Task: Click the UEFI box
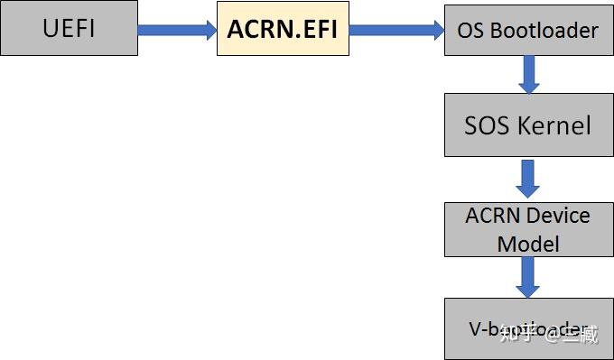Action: click(x=69, y=29)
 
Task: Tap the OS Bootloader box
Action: click(x=528, y=30)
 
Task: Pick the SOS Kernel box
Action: click(x=528, y=125)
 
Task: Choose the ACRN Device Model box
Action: click(x=528, y=229)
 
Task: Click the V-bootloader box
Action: click(x=528, y=329)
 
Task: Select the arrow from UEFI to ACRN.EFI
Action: click(x=177, y=30)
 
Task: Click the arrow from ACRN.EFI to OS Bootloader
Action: click(x=396, y=30)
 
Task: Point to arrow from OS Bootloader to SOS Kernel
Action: click(x=528, y=75)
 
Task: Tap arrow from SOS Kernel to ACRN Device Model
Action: click(x=528, y=179)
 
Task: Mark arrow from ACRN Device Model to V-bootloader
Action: click(x=528, y=278)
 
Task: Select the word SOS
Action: click(x=486, y=125)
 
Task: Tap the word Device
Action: click(x=558, y=217)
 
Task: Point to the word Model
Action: click(x=528, y=244)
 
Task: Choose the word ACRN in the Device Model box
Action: click(x=495, y=217)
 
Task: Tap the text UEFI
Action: click(x=69, y=29)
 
